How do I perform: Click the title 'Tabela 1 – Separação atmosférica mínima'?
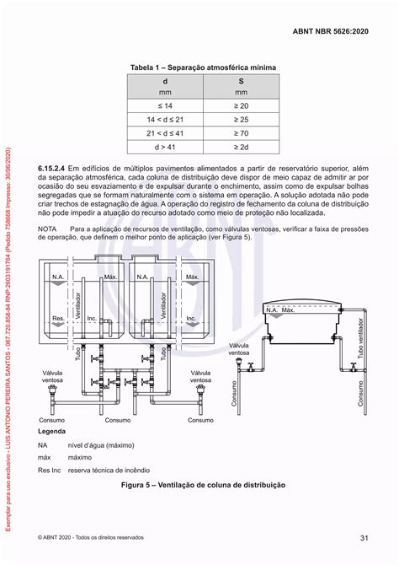[205, 67]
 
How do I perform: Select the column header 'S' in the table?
[242, 82]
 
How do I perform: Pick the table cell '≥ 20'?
[242, 106]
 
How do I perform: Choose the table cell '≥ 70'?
[242, 134]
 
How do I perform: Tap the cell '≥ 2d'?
[242, 148]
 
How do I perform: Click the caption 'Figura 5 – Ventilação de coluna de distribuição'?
[204, 486]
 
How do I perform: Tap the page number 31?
[364, 538]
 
